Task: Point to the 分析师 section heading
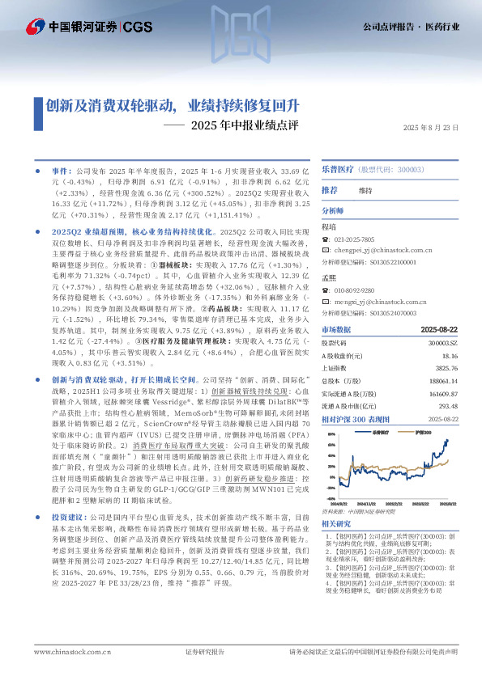point(333,209)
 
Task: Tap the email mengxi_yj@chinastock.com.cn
point(374,301)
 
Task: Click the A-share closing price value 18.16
point(450,354)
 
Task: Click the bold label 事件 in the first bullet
point(60,172)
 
